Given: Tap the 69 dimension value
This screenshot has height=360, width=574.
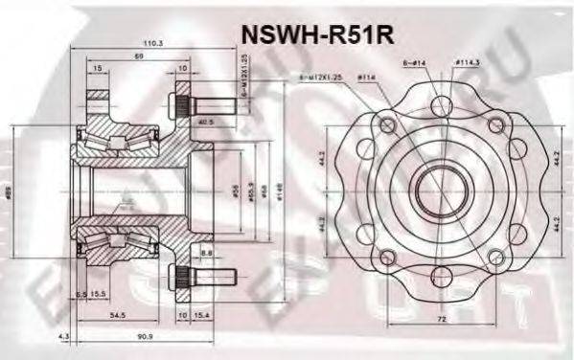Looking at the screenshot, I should (140, 56).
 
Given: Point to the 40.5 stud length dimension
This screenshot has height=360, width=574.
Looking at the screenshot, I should (205, 122).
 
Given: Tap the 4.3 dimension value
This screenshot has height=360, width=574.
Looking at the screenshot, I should (63, 336).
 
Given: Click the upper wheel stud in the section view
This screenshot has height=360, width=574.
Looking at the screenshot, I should (198, 102).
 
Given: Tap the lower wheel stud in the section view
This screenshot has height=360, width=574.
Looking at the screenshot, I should (198, 279).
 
